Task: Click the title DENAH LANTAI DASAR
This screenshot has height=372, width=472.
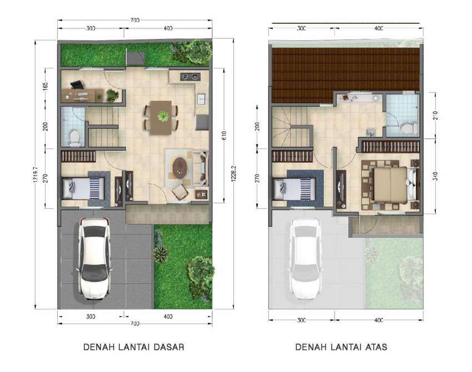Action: pyautogui.click(x=134, y=347)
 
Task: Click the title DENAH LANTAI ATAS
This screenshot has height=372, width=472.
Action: pyautogui.click(x=341, y=347)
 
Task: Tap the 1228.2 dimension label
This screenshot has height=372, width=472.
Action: pyautogui.click(x=233, y=174)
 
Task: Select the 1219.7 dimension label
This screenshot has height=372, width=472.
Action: pyautogui.click(x=36, y=175)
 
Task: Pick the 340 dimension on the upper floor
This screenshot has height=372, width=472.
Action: pyautogui.click(x=436, y=176)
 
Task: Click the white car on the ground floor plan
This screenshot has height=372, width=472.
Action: pyautogui.click(x=94, y=258)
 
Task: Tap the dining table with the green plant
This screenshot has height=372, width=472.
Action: pyautogui.click(x=161, y=118)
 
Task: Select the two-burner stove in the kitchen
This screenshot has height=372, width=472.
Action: pyautogui.click(x=190, y=77)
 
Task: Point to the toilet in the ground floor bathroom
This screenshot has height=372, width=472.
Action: pyautogui.click(x=74, y=137)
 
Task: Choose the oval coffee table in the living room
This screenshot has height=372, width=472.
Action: pyautogui.click(x=180, y=168)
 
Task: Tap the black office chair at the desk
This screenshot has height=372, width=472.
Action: pyautogui.click(x=77, y=85)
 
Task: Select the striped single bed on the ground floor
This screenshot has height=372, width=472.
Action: pyautogui.click(x=83, y=188)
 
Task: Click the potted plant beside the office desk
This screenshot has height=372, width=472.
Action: pyautogui.click(x=112, y=95)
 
